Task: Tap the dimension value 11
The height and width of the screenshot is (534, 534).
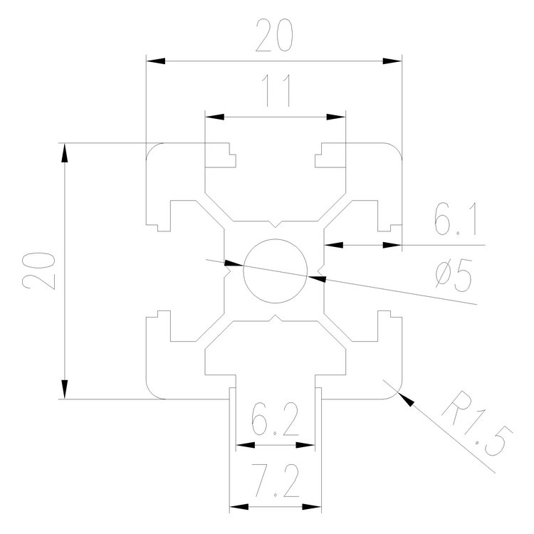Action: tap(274, 93)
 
